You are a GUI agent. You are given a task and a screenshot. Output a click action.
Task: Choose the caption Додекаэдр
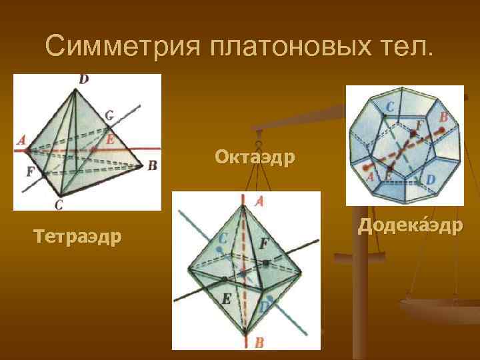pos(409,226)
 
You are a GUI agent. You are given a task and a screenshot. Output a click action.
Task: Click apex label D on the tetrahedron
pos(83,79)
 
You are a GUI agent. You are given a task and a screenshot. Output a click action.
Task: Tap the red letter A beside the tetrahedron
pos(21,140)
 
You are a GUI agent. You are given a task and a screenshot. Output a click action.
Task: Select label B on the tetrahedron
pos(152,165)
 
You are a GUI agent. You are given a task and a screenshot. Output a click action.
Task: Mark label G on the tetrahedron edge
pos(109,115)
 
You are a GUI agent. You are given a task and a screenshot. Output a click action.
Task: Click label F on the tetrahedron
pos(30,171)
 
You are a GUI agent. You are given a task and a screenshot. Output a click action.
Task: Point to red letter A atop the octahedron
pos(259,199)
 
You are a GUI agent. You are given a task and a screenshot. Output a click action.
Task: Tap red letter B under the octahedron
pos(259,343)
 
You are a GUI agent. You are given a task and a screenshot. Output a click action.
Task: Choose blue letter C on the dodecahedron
pos(389,105)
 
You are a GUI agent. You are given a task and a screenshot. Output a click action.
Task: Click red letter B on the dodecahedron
pos(444,117)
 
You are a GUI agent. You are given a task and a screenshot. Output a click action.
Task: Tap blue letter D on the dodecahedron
pos(430,179)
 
